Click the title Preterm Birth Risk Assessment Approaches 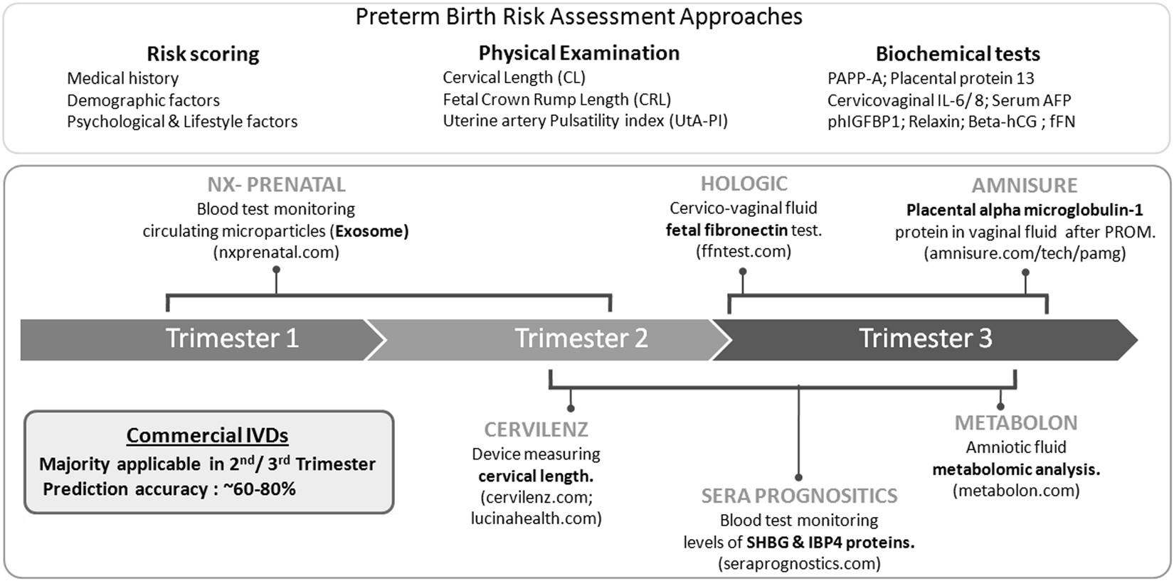click(578, 17)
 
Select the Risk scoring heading click(203, 54)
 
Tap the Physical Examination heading click(578, 53)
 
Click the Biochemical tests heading click(957, 54)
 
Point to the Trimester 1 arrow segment click(232, 339)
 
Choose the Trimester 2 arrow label click(581, 339)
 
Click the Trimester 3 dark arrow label click(925, 339)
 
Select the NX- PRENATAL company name click(276, 185)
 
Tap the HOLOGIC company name click(744, 184)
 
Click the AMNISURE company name click(1025, 186)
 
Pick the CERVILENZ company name click(536, 430)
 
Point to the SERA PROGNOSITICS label click(799, 496)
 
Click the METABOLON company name click(1015, 423)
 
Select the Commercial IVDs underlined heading click(207, 435)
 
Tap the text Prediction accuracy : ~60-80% click(169, 489)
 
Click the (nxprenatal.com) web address click(276, 252)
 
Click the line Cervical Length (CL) click(514, 78)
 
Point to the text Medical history click(122, 78)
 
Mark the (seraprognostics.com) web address click(799, 564)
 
